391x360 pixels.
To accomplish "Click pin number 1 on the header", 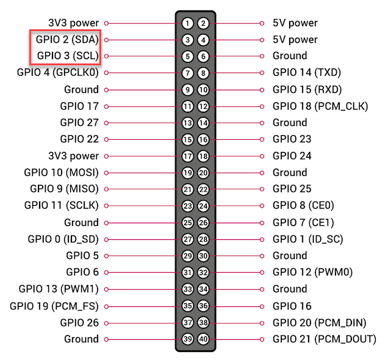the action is tap(187, 23).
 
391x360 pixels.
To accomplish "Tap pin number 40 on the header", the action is tap(203, 339).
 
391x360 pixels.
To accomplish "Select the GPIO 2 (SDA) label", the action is tap(67, 40).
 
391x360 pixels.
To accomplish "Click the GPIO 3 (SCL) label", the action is tap(68, 56).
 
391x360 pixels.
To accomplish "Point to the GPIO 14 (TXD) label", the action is tap(307, 73).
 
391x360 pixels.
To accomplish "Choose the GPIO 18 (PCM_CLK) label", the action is tap(320, 106).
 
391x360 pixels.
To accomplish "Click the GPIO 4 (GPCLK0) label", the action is tap(58, 73).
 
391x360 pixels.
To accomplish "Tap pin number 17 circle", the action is tap(187, 156).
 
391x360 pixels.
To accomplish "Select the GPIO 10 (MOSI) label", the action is tap(62, 173).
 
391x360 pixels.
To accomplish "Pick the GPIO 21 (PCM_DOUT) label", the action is tap(325, 339).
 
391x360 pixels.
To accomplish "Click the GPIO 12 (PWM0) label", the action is tap(313, 272).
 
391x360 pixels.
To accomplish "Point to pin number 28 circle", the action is tap(203, 239).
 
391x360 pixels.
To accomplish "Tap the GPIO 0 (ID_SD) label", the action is tap(63, 239).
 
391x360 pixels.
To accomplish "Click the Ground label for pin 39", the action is tap(81, 339).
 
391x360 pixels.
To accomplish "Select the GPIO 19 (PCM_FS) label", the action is tap(54, 306).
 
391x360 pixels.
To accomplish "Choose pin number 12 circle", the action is tap(203, 107).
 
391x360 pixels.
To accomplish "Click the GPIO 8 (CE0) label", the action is tap(304, 206).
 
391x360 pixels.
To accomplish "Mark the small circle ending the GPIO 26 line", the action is tap(106, 323).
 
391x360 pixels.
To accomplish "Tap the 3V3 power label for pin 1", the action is tap(74, 23).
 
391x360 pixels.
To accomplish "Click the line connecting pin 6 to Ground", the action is tap(235, 56).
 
